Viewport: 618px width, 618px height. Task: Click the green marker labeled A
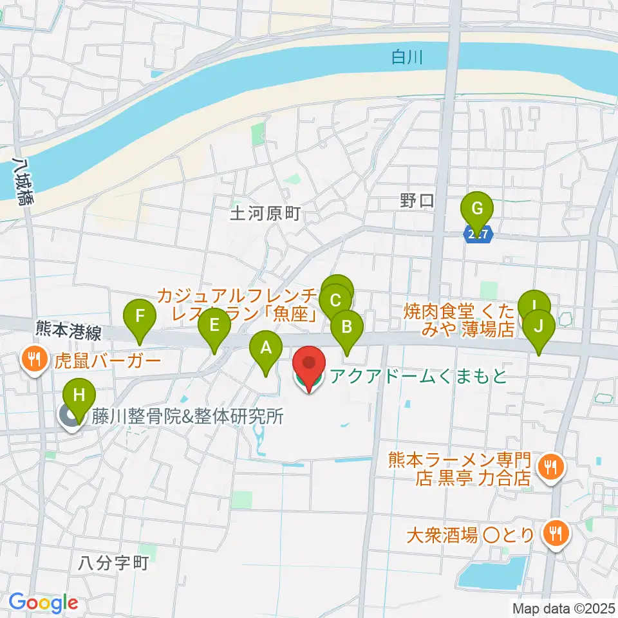(265, 348)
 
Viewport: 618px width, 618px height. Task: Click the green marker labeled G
(477, 210)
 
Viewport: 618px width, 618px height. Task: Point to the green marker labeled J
(539, 326)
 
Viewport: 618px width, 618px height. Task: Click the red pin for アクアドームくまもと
(310, 367)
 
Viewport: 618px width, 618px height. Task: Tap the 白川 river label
(407, 58)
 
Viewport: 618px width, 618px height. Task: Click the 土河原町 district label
(265, 213)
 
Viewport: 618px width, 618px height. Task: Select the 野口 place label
(417, 201)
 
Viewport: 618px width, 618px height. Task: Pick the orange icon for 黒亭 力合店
(550, 466)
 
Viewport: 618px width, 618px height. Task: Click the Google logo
(43, 603)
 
